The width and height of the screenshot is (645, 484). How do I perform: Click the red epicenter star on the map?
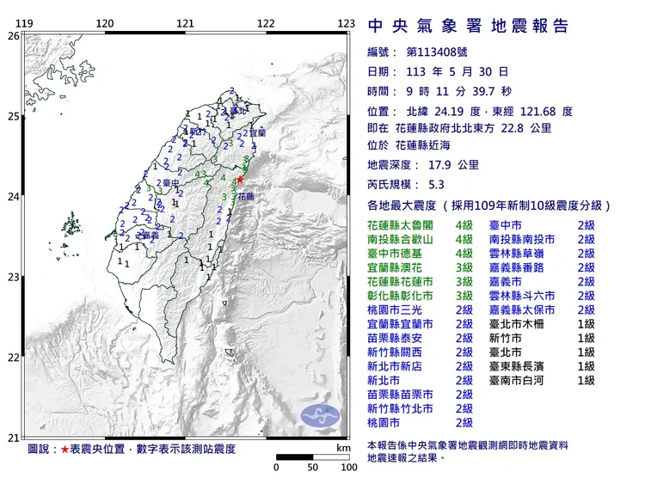240,180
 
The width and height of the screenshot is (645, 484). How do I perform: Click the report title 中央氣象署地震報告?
467,25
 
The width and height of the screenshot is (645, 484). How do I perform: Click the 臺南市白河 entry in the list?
524,379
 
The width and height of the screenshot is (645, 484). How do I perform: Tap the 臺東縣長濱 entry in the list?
524,365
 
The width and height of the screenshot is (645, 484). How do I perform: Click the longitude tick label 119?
25,23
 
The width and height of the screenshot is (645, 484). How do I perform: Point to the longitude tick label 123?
346,23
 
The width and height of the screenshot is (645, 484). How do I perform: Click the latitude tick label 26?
12,36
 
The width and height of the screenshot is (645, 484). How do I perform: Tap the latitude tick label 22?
12,358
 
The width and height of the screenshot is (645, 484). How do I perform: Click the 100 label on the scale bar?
348,468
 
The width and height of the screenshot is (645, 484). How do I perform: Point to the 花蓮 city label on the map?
245,197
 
